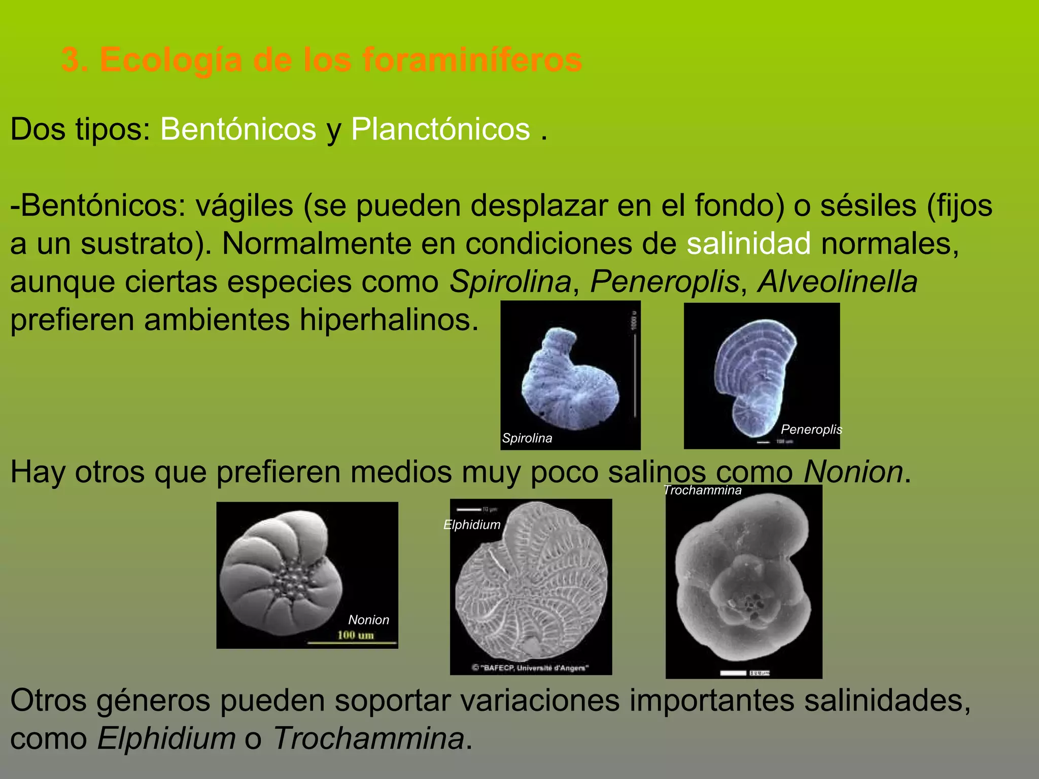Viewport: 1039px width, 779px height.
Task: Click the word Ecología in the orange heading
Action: pos(171,60)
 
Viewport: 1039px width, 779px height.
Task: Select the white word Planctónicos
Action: pos(440,129)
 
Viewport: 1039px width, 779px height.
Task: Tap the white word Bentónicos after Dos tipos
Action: pos(238,129)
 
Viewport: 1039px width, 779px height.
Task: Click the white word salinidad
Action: pos(749,243)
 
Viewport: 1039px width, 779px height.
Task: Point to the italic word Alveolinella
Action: pos(838,282)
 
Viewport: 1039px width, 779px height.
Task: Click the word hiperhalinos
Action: pos(389,320)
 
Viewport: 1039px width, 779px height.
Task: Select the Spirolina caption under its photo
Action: pos(527,438)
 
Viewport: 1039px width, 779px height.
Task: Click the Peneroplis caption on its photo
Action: pos(811,430)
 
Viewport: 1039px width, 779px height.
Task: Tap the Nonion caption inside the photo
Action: pos(369,620)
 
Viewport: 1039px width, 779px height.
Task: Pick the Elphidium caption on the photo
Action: pos(472,525)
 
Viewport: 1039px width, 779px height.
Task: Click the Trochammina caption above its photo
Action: pos(703,490)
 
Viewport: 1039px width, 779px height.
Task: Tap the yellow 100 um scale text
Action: pos(355,635)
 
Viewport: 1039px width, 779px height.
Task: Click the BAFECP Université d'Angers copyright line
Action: pos(530,668)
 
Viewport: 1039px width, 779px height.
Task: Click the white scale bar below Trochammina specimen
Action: pos(733,673)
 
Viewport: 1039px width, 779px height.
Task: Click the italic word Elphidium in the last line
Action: pos(166,738)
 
